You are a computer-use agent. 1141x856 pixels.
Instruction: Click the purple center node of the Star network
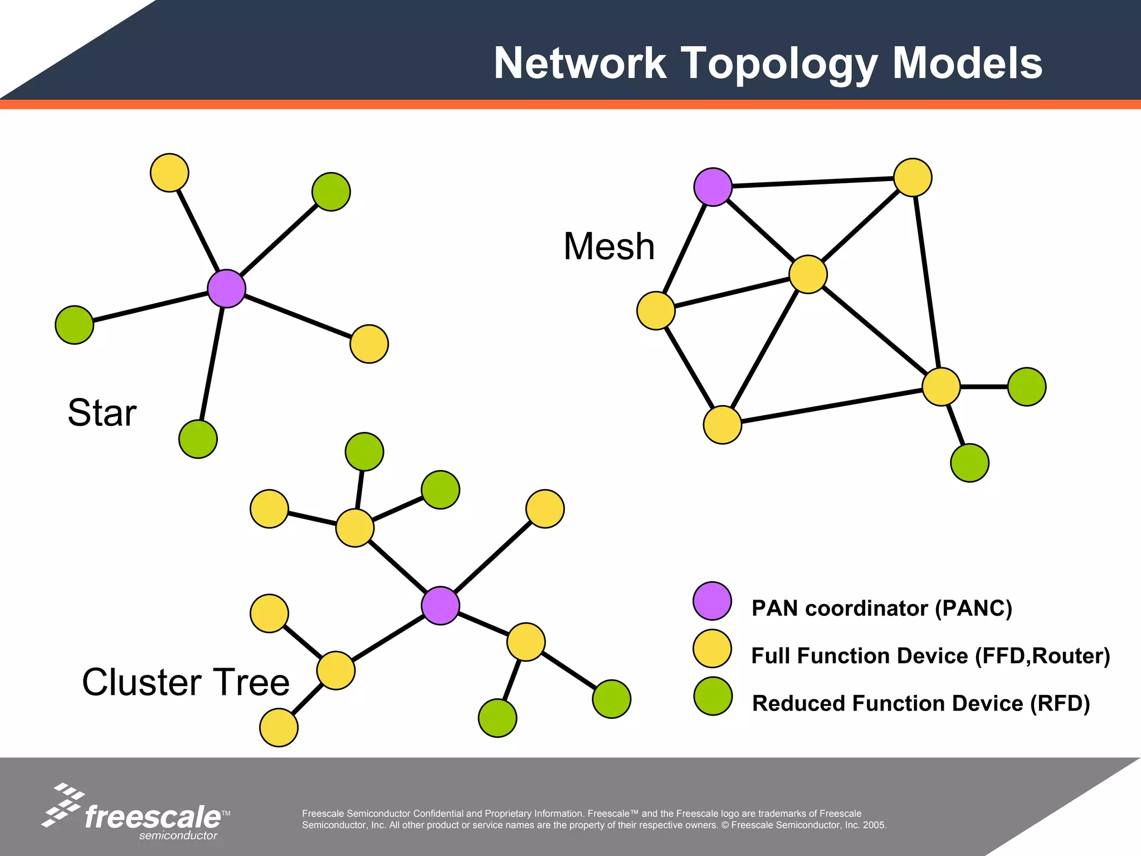click(x=226, y=288)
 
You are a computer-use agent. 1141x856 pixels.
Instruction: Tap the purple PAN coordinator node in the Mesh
click(x=713, y=187)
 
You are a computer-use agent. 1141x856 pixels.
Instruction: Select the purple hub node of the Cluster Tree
click(x=440, y=605)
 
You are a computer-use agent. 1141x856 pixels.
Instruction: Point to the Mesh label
click(x=608, y=246)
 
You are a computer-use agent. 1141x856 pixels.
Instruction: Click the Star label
click(x=102, y=412)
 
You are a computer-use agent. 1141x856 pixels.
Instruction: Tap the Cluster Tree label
click(x=186, y=682)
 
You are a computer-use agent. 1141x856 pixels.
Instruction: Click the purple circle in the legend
click(x=712, y=601)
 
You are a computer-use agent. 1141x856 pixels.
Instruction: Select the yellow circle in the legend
click(x=712, y=649)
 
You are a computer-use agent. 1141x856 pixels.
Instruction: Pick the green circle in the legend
click(x=713, y=696)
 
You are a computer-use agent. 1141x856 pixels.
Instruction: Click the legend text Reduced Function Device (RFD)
click(x=920, y=703)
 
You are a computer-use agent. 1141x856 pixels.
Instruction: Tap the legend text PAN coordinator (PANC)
click(x=881, y=608)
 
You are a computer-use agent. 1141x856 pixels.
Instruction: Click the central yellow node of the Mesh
click(x=808, y=274)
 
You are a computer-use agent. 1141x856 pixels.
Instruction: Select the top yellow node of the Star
click(x=169, y=173)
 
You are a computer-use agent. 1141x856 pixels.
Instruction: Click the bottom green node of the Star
click(x=198, y=439)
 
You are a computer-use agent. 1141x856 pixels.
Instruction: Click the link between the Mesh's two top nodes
click(x=812, y=182)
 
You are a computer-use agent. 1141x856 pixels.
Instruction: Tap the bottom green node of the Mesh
click(x=969, y=463)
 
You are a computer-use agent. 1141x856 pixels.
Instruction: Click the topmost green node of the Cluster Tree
click(x=364, y=451)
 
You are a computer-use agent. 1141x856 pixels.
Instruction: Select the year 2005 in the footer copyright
click(x=874, y=825)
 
